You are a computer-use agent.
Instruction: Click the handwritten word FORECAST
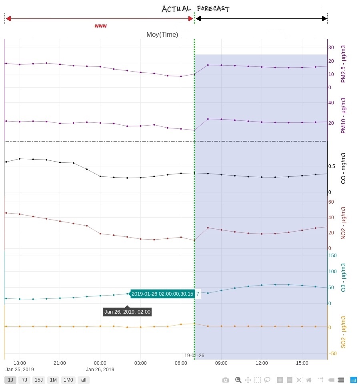pyautogui.click(x=213, y=9)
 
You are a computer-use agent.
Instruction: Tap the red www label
pyautogui.click(x=100, y=26)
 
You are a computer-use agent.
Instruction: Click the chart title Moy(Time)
pyautogui.click(x=162, y=35)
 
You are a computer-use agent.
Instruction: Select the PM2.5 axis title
pyautogui.click(x=343, y=64)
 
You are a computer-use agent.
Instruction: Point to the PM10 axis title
pyautogui.click(x=343, y=116)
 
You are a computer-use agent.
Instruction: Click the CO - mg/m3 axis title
pyautogui.click(x=343, y=168)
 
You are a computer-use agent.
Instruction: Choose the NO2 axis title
pyautogui.click(x=343, y=223)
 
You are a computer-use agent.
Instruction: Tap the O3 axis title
pyautogui.click(x=343, y=277)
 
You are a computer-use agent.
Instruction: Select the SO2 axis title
pyautogui.click(x=343, y=332)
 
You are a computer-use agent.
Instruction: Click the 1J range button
pyautogui.click(x=10, y=380)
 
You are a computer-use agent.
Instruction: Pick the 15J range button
pyautogui.click(x=39, y=380)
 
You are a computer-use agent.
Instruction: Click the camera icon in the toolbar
pyautogui.click(x=226, y=380)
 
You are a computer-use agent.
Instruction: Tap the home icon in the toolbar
pyautogui.click(x=309, y=380)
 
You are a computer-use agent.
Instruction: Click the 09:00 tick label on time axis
pyautogui.click(x=221, y=363)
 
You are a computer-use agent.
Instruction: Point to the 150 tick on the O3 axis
pyautogui.click(x=332, y=256)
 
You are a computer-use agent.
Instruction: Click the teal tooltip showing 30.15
pyautogui.click(x=162, y=294)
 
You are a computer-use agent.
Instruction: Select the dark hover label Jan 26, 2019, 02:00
pyautogui.click(x=127, y=312)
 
